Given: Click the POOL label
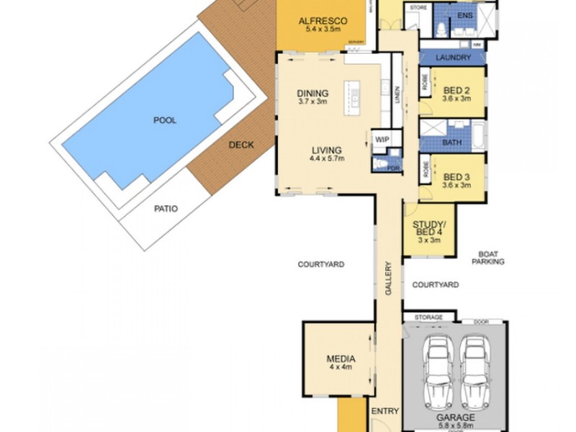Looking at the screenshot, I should [x=164, y=120].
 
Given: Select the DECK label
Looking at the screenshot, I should [x=241, y=145].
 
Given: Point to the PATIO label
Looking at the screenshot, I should [x=166, y=209].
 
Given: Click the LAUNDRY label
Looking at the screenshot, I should [x=454, y=58].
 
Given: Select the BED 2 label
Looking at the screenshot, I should [x=456, y=90].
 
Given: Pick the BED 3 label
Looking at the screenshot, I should [x=456, y=176].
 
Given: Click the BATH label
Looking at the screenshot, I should [x=452, y=143].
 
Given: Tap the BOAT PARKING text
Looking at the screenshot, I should [x=487, y=258].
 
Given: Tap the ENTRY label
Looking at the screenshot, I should [x=384, y=410].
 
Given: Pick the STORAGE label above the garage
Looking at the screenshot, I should [x=428, y=317].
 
